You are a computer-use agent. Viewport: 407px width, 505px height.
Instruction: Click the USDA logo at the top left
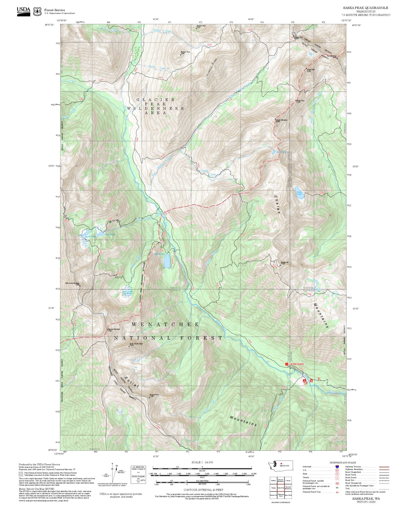click(23, 11)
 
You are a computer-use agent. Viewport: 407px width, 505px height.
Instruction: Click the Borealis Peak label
click(185, 53)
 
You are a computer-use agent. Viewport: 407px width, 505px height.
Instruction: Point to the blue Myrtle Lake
click(167, 260)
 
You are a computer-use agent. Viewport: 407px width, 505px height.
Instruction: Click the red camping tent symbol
click(304, 381)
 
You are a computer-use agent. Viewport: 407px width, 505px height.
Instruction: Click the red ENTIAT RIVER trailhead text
click(296, 364)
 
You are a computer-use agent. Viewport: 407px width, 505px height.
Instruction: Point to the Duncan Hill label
click(284, 263)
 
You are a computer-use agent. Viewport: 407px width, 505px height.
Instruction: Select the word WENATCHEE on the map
click(166, 324)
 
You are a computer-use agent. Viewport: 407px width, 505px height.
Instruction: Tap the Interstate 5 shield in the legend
click(337, 467)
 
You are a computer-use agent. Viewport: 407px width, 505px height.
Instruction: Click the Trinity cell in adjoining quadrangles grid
click(273, 488)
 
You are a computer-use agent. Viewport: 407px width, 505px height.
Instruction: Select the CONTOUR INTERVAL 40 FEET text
click(203, 489)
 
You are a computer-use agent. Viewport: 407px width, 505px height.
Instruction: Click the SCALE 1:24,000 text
click(202, 462)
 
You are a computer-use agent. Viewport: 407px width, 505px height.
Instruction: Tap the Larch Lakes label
click(109, 234)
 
